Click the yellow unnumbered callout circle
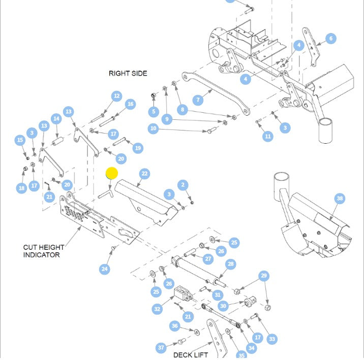(x=112, y=173)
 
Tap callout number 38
(x=340, y=199)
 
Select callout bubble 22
(x=145, y=174)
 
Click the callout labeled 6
(x=331, y=39)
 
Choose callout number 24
(x=105, y=269)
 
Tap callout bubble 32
(x=157, y=309)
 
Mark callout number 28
(x=230, y=264)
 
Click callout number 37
(x=161, y=348)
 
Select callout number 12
(x=117, y=96)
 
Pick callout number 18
(x=21, y=188)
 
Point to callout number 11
(x=268, y=136)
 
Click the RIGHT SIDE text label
(x=128, y=74)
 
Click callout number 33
(x=272, y=339)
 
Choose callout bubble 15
(x=20, y=140)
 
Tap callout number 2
(x=183, y=185)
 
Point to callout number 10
(x=154, y=129)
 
